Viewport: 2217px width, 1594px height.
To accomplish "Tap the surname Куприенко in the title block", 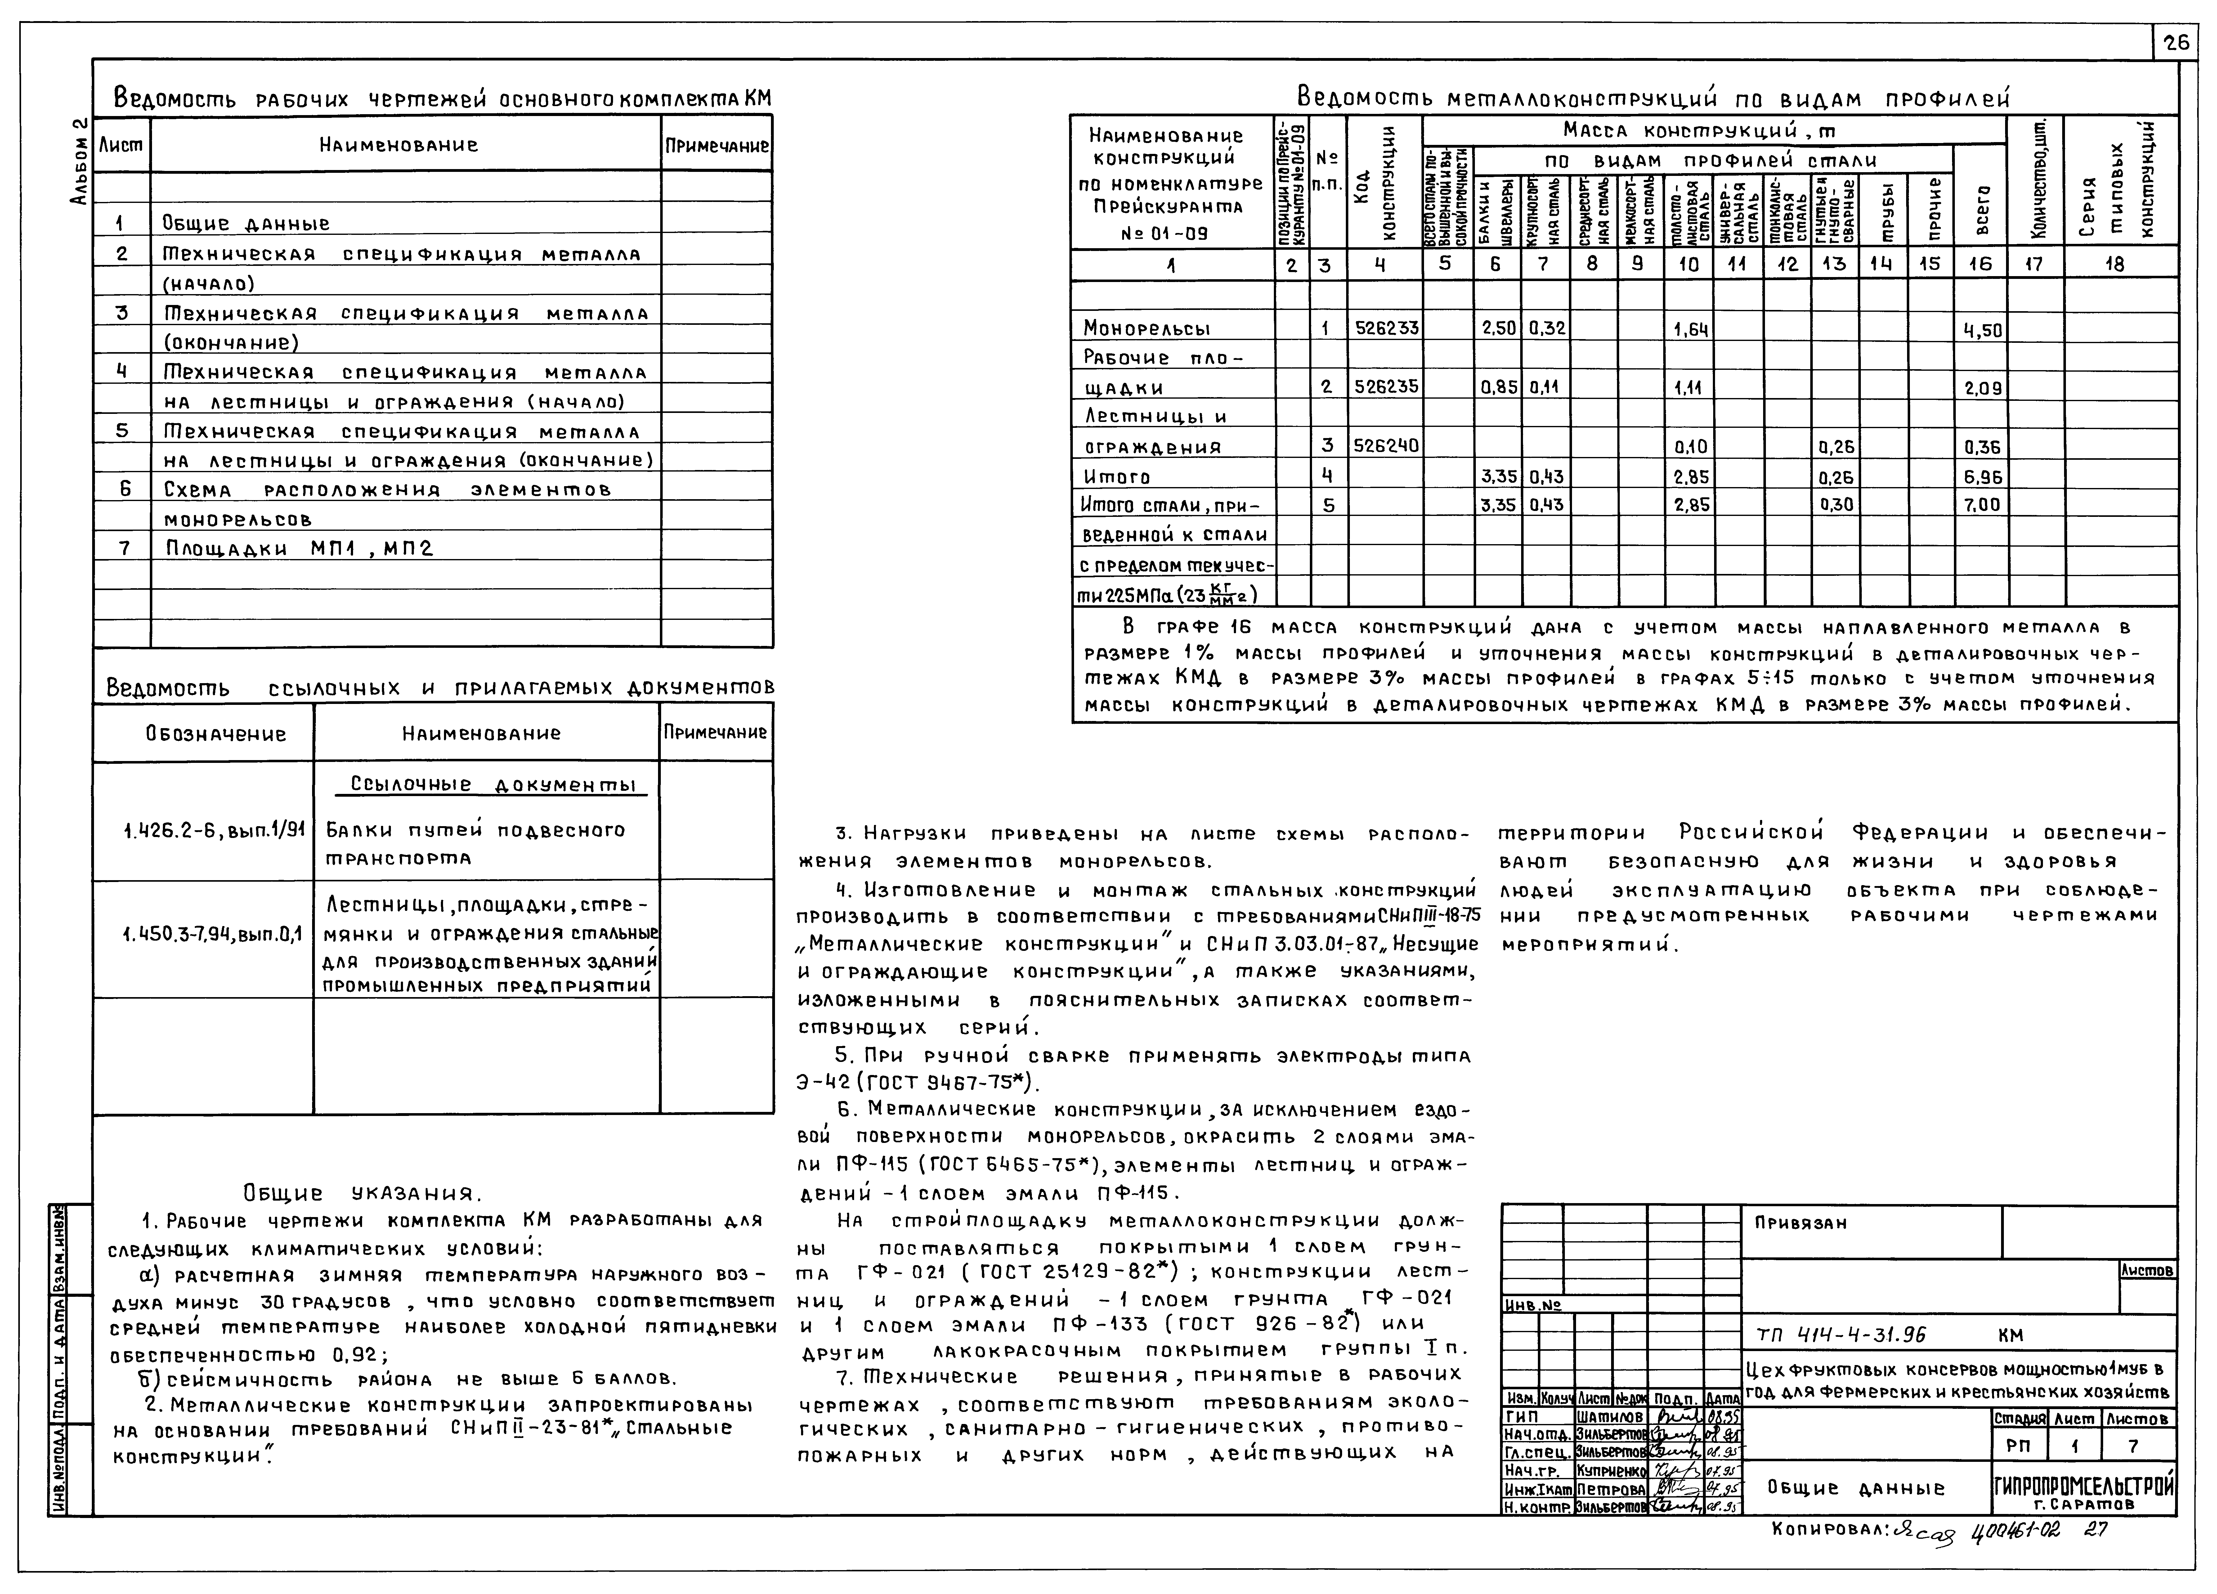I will (x=1610, y=1471).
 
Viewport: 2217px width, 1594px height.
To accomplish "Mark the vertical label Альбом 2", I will (x=80, y=161).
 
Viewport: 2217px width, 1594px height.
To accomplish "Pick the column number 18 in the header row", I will (x=2114, y=264).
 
